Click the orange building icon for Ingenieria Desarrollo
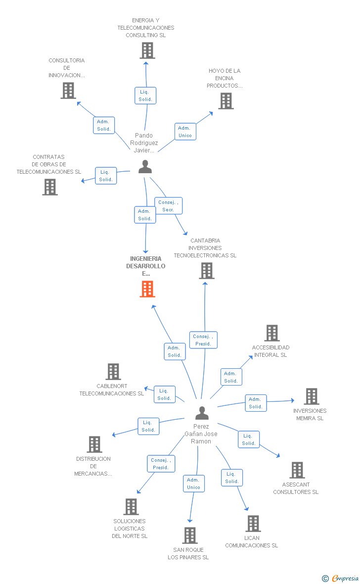pyautogui.click(x=147, y=289)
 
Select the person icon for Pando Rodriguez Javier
pyautogui.click(x=145, y=167)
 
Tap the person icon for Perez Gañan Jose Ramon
pyautogui.click(x=202, y=413)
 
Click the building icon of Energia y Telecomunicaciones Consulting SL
pyautogui.click(x=147, y=50)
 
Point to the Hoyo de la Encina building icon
pyautogui.click(x=226, y=101)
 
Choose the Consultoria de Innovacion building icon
pyautogui.click(x=68, y=91)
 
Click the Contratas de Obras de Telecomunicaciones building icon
pyautogui.click(x=50, y=187)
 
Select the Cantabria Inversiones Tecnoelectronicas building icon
pyautogui.click(x=207, y=271)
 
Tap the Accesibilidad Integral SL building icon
pyautogui.click(x=271, y=333)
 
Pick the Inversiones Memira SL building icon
pyautogui.click(x=311, y=396)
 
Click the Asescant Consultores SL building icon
pyautogui.click(x=297, y=470)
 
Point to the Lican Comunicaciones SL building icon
pyautogui.click(x=253, y=524)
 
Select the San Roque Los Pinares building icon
pyautogui.click(x=190, y=535)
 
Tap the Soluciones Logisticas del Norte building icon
pyautogui.click(x=131, y=507)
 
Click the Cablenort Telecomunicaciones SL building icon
pyautogui.click(x=113, y=372)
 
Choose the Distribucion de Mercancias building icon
pyautogui.click(x=94, y=444)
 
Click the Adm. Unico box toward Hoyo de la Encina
pyautogui.click(x=185, y=132)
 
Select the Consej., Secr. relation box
pyautogui.click(x=168, y=206)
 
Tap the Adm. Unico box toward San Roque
pyautogui.click(x=193, y=484)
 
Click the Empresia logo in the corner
pyautogui.click(x=341, y=578)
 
